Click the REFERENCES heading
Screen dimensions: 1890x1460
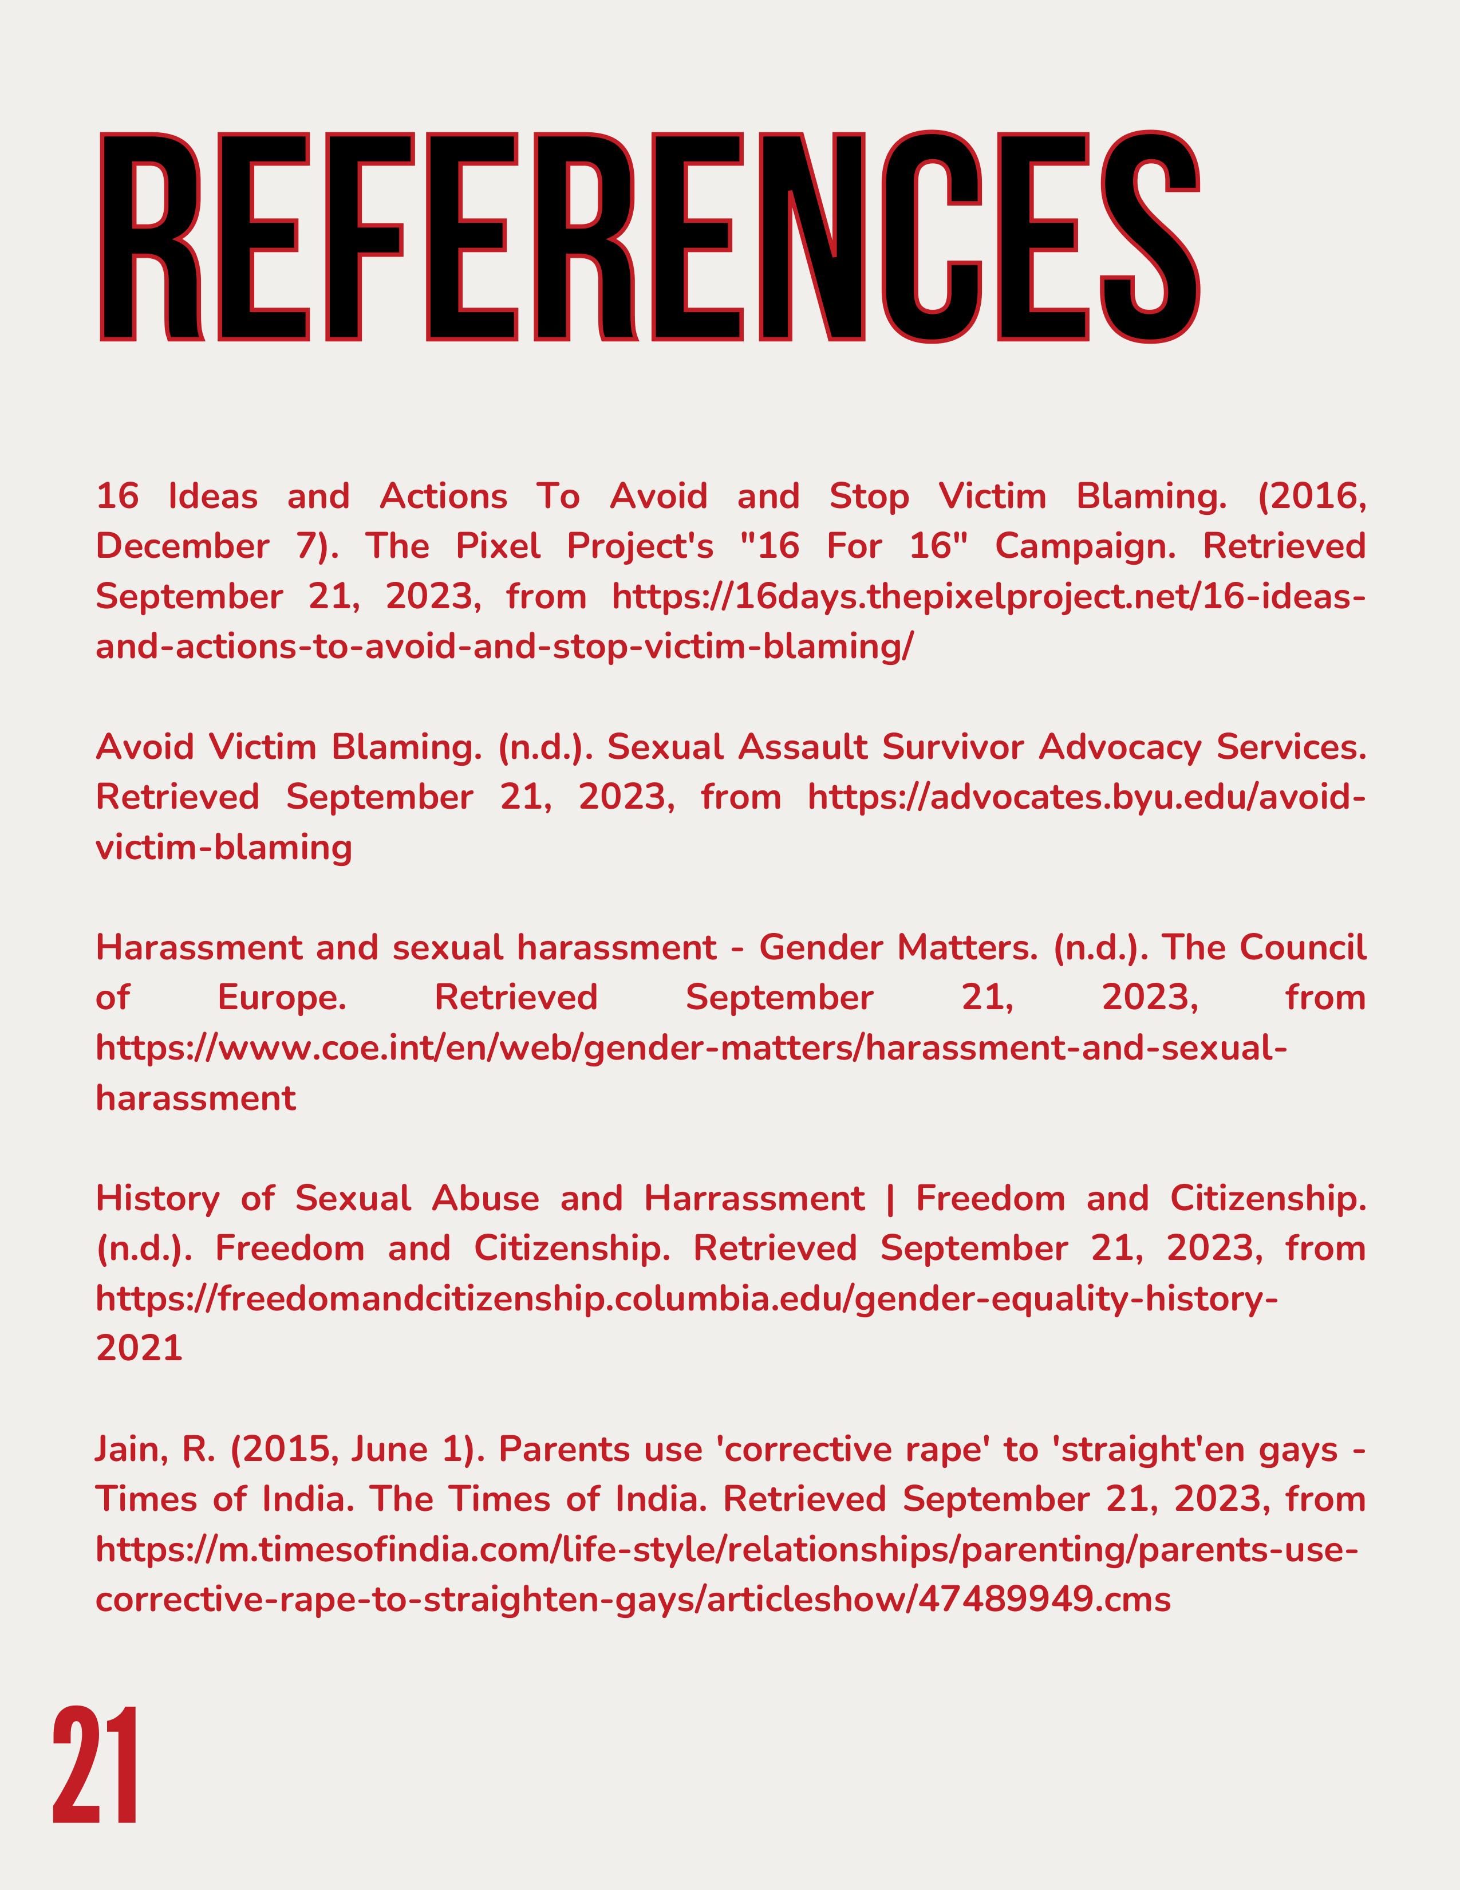tap(649, 235)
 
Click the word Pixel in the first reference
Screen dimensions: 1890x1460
tap(498, 546)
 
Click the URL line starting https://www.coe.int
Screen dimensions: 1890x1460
tap(690, 1048)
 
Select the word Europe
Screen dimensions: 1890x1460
tap(281, 998)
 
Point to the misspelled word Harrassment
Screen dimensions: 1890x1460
tap(754, 1199)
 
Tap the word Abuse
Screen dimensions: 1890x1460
tap(485, 1199)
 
